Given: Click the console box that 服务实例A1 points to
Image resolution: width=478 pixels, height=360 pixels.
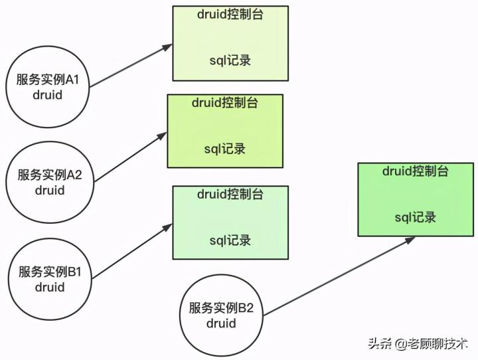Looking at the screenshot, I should click(x=230, y=43).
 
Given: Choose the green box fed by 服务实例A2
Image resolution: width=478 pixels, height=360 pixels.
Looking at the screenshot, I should click(x=224, y=131).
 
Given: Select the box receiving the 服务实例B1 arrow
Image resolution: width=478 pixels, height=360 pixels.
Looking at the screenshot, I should click(x=230, y=223).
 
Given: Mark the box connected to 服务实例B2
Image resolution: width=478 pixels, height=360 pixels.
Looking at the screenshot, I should click(x=416, y=199).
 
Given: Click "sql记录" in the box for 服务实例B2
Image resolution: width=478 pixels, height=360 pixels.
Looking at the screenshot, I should click(x=416, y=217).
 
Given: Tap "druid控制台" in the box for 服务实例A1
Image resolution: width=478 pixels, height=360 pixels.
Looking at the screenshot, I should click(x=230, y=14).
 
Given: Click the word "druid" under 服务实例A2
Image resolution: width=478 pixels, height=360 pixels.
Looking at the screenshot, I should click(x=50, y=191).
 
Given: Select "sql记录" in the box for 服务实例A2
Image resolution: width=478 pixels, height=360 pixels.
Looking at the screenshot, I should click(x=224, y=148).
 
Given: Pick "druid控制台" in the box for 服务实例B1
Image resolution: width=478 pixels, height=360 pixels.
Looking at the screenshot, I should click(x=230, y=195).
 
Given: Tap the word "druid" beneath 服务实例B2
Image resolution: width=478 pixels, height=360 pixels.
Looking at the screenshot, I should click(x=221, y=323).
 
